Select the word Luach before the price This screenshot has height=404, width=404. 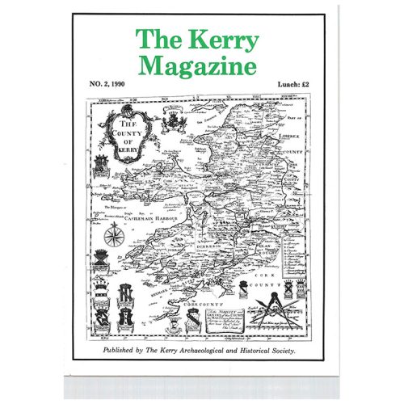coord(286,83)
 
